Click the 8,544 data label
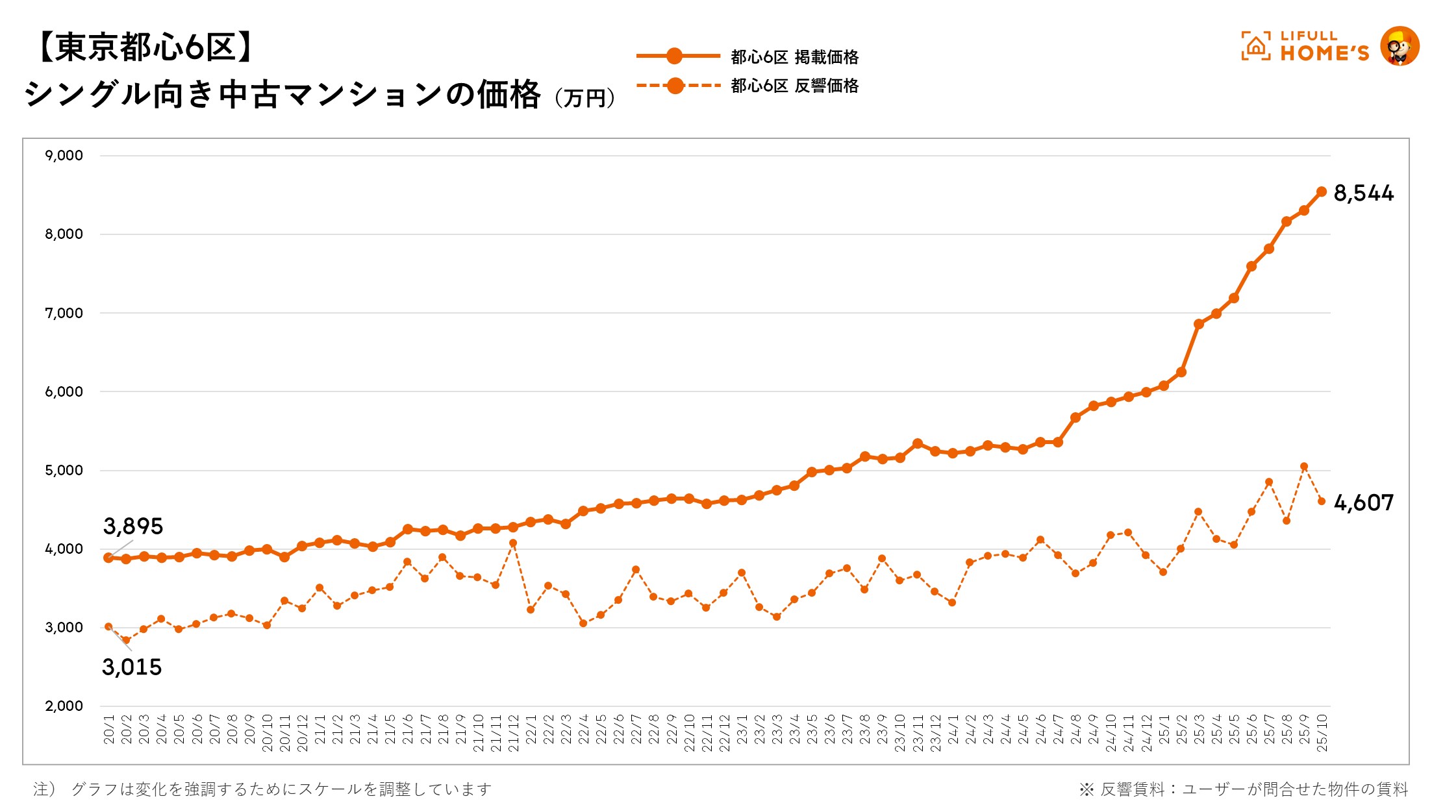pos(1363,193)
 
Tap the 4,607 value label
pos(1363,503)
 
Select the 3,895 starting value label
pos(133,526)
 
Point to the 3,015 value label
pos(132,667)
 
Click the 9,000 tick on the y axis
pos(64,156)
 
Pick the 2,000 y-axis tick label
pos(64,706)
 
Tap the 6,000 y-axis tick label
pos(64,391)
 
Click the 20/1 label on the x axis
pos(109,730)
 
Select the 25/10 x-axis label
pos(1322,733)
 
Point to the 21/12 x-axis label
pos(513,733)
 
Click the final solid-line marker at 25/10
pos(1321,192)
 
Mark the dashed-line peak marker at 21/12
pos(513,543)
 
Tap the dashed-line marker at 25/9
pos(1303,466)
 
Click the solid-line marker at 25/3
pos(1199,324)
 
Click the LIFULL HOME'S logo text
pos(1324,47)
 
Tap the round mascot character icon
pos(1400,46)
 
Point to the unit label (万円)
pos(584,99)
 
